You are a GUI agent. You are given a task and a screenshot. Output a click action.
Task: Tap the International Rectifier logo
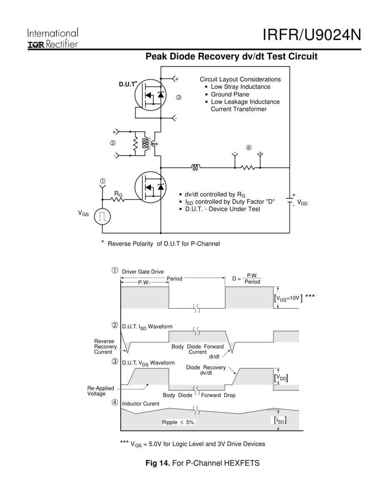pyautogui.click(x=53, y=39)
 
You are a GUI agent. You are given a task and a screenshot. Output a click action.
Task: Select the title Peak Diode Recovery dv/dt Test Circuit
pyautogui.click(x=231, y=57)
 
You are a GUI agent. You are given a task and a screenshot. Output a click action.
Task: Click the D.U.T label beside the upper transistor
pyautogui.click(x=128, y=84)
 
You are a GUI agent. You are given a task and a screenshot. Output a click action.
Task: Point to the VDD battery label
pyautogui.click(x=302, y=204)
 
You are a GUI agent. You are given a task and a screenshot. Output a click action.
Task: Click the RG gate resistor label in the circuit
pyautogui.click(x=118, y=194)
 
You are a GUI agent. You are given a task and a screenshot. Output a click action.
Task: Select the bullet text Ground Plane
pyautogui.click(x=230, y=94)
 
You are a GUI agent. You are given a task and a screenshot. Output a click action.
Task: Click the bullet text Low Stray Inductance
pyautogui.click(x=240, y=87)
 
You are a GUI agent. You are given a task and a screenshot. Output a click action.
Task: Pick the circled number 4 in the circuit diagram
pyautogui.click(x=249, y=147)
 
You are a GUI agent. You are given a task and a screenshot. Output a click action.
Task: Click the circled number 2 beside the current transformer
pyautogui.click(x=113, y=143)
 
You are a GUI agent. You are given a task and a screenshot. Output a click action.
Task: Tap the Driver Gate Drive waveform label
pyautogui.click(x=143, y=272)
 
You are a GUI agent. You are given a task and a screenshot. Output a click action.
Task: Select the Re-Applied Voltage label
pyautogui.click(x=100, y=391)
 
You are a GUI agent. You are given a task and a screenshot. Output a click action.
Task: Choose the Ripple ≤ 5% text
pyautogui.click(x=178, y=422)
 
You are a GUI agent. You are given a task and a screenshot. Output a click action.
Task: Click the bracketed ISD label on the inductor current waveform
pyautogui.click(x=279, y=421)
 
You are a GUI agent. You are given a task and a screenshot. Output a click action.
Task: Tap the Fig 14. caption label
pyautogui.click(x=158, y=463)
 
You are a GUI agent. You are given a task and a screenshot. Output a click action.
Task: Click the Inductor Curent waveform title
pyautogui.click(x=141, y=404)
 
